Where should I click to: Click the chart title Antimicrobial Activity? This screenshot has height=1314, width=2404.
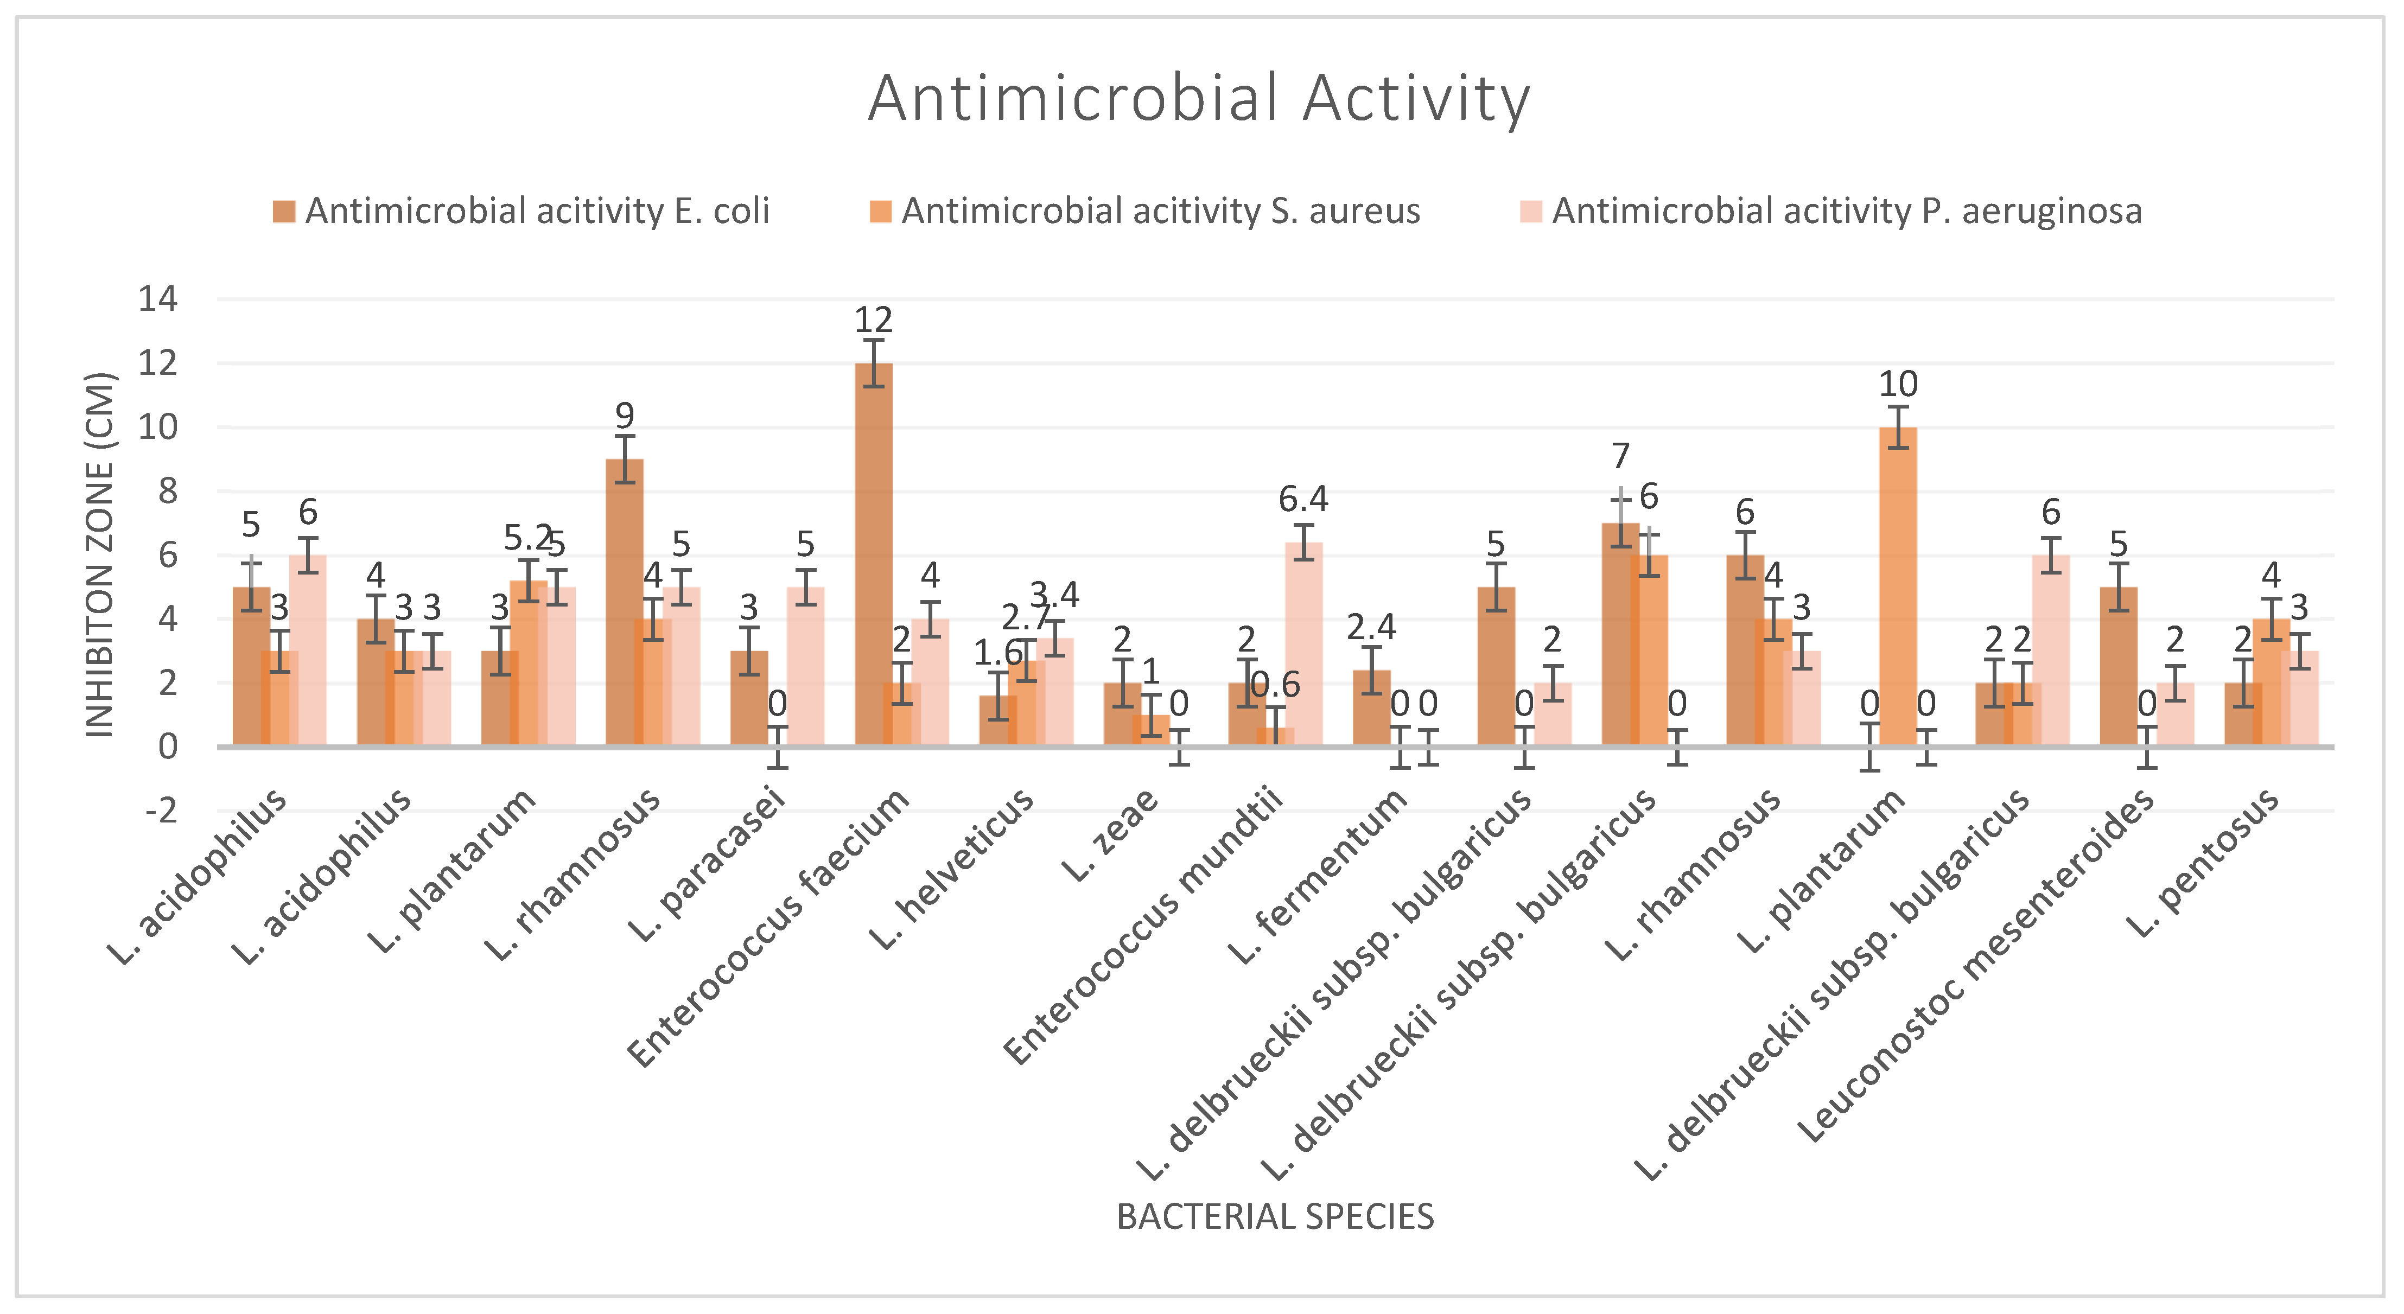(1199, 98)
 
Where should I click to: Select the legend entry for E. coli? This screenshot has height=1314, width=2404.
(537, 212)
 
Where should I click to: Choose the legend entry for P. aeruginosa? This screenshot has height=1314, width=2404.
(1846, 212)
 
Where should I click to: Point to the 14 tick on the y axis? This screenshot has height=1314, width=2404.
(158, 299)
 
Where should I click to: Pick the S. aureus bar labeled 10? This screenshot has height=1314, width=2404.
(1898, 588)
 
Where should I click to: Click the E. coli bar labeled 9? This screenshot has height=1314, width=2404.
(624, 602)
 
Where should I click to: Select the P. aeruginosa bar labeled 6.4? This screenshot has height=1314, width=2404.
(1303, 644)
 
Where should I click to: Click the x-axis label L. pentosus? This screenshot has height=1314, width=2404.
(2203, 863)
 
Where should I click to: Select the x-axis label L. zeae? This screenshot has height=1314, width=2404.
(1110, 835)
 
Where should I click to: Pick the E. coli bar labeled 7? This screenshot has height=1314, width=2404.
(1620, 635)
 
